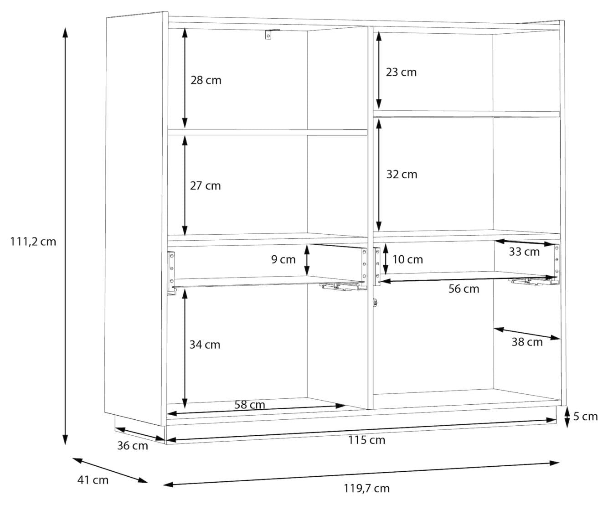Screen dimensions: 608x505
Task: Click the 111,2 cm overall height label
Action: (33, 242)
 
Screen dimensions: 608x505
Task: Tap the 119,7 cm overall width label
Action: (366, 489)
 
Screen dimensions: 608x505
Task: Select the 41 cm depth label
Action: (93, 480)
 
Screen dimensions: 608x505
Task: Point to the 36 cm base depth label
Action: (133, 446)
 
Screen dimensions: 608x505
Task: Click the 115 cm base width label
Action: (366, 440)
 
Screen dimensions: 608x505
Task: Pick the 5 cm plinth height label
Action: (586, 417)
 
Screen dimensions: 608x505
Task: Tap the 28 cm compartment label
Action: (206, 80)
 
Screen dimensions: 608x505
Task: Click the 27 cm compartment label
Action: (205, 186)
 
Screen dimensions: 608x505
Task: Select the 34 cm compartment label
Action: (205, 345)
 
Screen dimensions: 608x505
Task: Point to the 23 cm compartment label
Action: (401, 72)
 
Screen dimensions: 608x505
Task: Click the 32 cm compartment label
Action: (402, 175)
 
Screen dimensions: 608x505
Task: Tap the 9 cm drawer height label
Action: (283, 259)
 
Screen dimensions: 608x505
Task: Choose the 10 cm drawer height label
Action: (407, 259)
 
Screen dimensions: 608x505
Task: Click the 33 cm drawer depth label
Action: (524, 252)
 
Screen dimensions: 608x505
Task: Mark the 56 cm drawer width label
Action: (464, 289)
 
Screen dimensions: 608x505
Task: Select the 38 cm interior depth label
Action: (527, 342)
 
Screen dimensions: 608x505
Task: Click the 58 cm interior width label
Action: (250, 405)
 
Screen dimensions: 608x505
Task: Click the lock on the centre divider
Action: (375, 303)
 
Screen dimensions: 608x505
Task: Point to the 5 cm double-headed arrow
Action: (567, 417)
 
